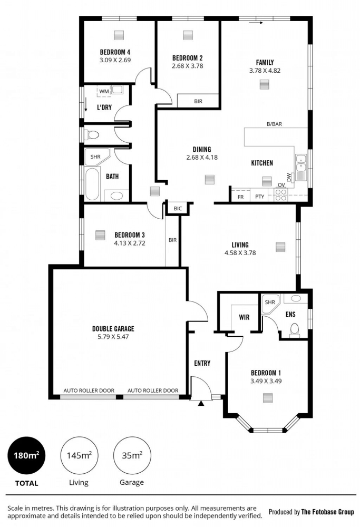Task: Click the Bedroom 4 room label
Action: click(115, 52)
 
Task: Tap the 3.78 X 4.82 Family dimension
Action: click(265, 71)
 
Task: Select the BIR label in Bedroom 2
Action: click(198, 101)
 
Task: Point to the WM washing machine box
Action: click(104, 91)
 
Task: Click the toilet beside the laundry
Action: click(91, 135)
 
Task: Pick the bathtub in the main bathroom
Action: click(92, 184)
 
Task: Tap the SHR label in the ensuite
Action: click(270, 302)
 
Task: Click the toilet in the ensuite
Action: click(295, 330)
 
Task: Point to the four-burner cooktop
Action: click(280, 195)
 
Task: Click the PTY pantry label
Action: click(259, 197)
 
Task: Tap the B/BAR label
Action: click(274, 124)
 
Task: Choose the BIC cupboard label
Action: click(178, 208)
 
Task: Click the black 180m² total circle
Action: click(26, 455)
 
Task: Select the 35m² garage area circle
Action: click(132, 455)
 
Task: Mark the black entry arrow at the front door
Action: click(201, 403)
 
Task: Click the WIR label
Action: click(244, 317)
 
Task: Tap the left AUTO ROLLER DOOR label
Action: click(89, 391)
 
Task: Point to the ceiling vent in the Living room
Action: click(280, 247)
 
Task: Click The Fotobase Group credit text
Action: click(327, 512)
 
